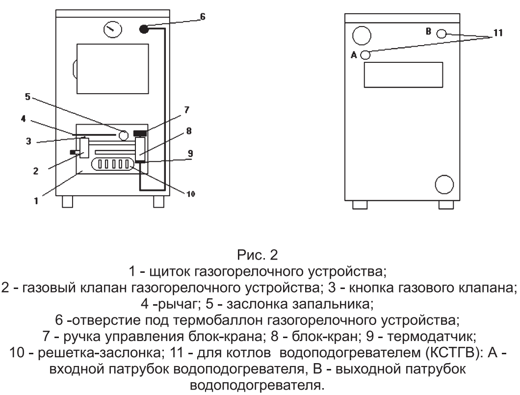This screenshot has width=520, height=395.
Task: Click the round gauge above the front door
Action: tap(111, 30)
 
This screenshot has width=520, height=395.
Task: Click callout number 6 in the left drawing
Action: tap(203, 16)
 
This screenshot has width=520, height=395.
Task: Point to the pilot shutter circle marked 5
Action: tap(124, 134)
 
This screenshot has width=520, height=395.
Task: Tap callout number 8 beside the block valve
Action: tap(188, 132)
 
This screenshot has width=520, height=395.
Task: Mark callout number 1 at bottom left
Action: tap(36, 201)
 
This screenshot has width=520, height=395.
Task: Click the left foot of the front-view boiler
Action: tap(67, 201)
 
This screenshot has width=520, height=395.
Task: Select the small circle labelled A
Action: tap(365, 55)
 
